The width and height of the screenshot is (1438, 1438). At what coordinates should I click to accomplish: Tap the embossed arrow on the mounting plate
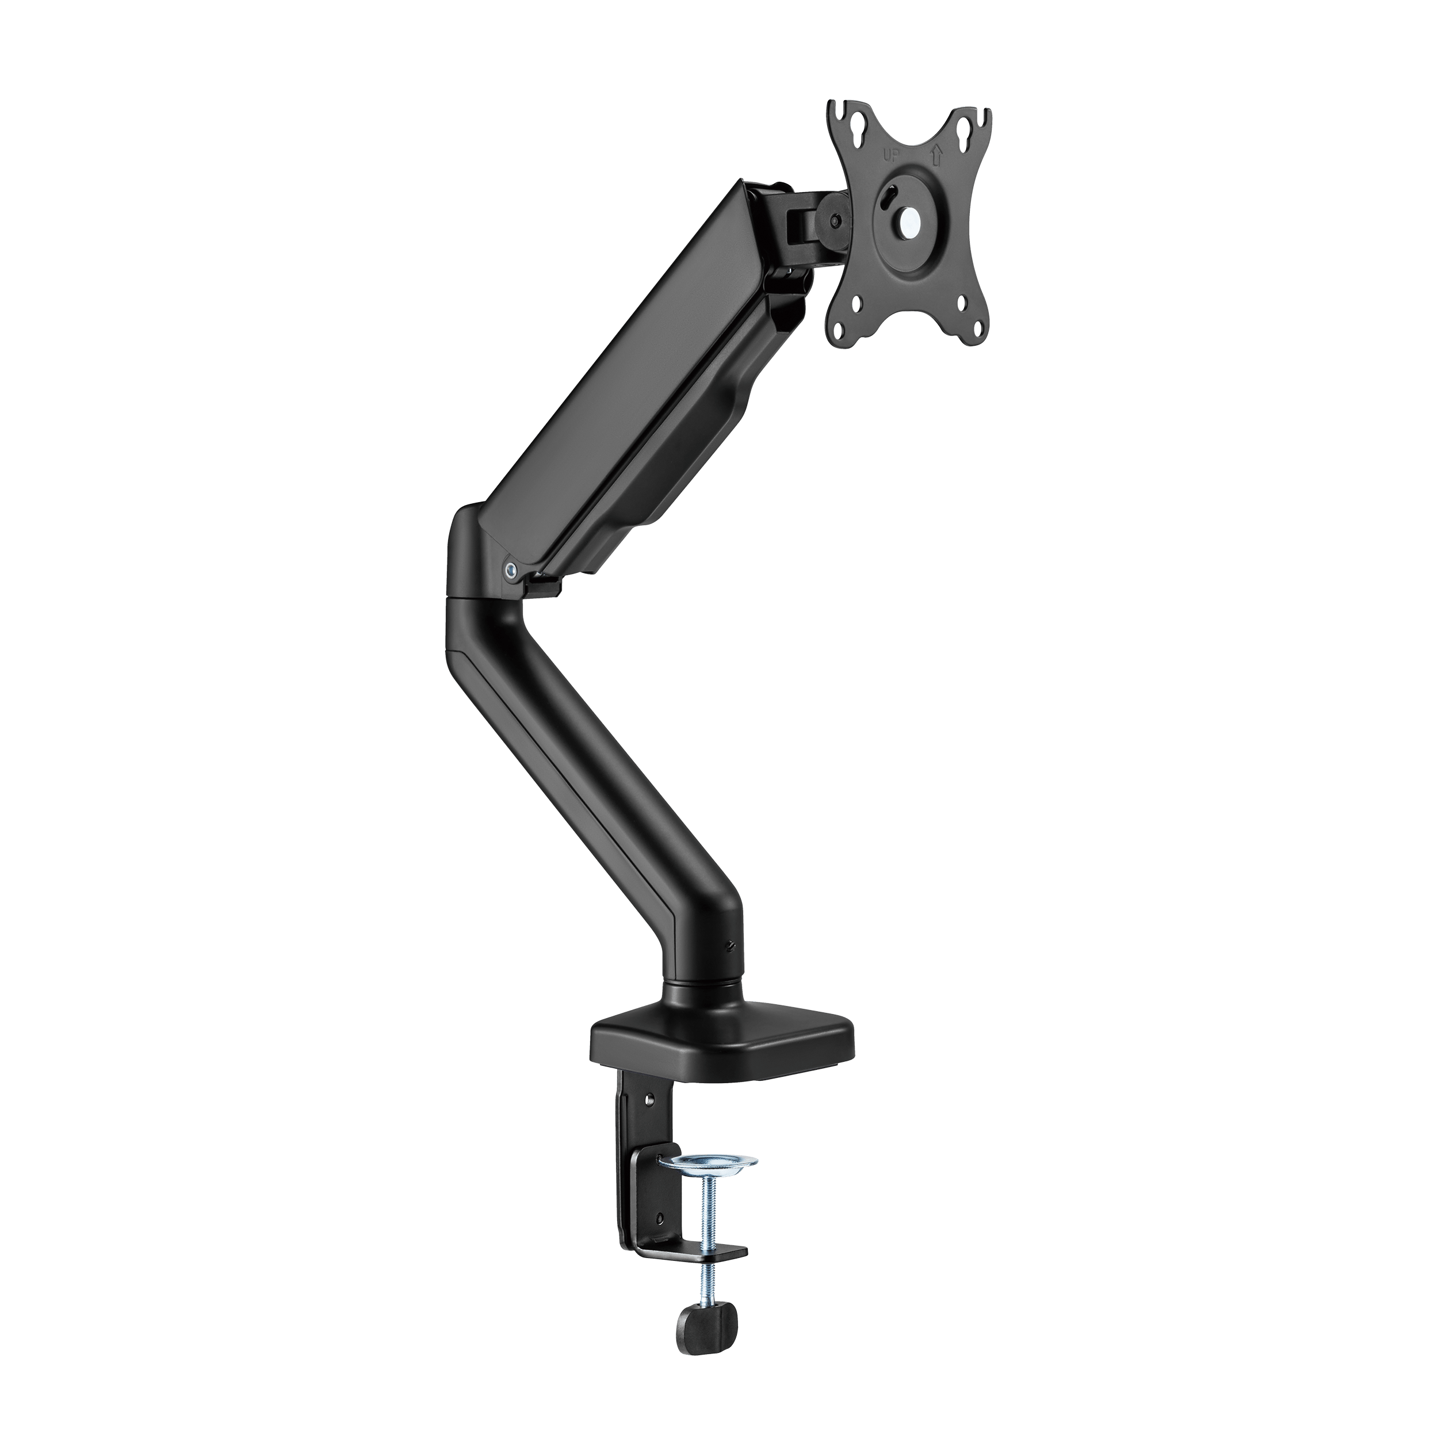936,155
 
